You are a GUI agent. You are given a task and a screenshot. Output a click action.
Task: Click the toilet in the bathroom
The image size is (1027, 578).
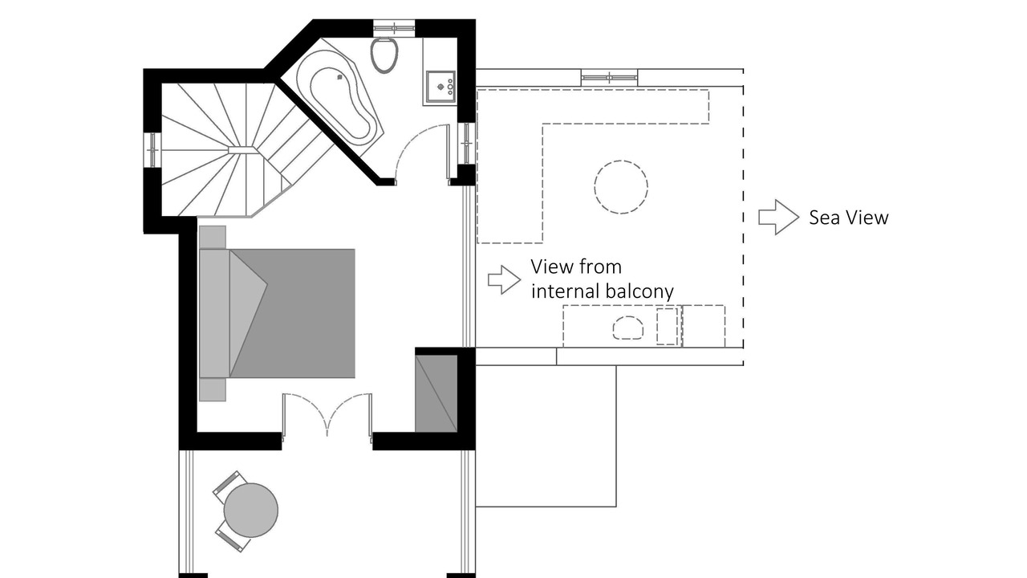coord(384,54)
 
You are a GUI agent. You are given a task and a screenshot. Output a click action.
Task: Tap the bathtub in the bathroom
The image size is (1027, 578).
coord(339,103)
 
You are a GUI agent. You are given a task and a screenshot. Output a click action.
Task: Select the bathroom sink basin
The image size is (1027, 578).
coord(440,84)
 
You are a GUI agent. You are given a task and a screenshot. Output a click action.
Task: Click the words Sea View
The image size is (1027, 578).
coord(848,218)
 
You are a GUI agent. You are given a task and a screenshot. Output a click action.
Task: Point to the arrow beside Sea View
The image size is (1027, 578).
coord(778,218)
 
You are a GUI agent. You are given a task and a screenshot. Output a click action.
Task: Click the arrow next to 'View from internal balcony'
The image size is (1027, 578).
coord(504,279)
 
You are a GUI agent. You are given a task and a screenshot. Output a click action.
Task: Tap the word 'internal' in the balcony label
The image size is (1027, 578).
coord(570,291)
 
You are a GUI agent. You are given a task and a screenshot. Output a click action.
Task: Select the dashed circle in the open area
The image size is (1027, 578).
coord(621,187)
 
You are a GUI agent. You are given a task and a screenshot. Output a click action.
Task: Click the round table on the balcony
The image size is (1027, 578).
coord(251,510)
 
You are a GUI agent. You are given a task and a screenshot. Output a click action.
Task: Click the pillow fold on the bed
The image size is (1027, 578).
coord(247,313)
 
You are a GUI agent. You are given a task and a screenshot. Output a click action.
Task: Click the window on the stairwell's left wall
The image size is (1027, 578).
coord(152,149)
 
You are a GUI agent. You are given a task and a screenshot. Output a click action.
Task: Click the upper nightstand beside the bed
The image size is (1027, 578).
coord(213,237)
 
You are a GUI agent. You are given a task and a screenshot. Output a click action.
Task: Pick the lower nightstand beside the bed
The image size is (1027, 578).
coord(213,389)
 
